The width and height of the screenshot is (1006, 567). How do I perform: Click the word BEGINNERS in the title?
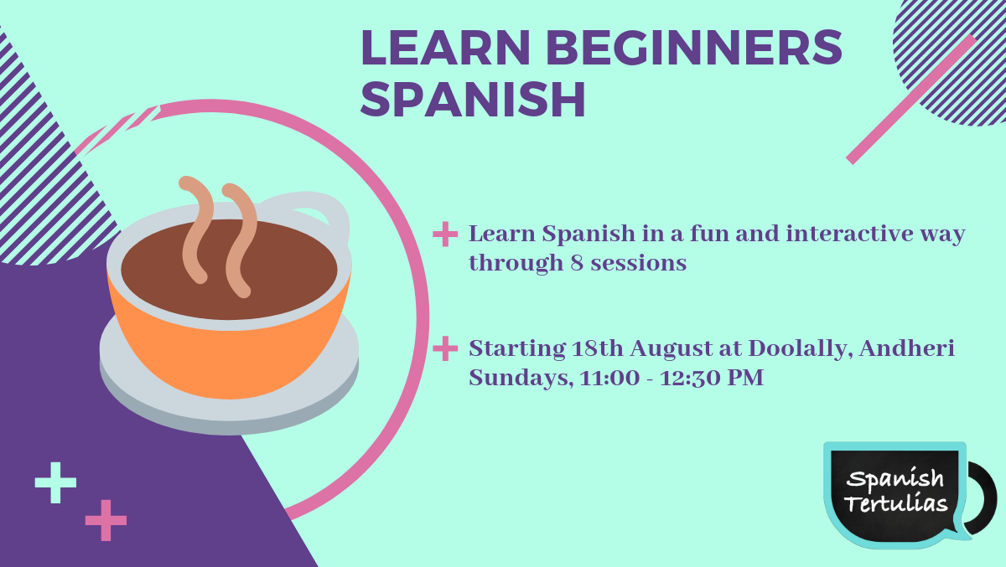tap(694, 47)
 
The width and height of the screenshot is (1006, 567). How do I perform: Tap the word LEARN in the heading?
tap(446, 47)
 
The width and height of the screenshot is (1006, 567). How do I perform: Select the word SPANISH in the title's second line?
tap(473, 99)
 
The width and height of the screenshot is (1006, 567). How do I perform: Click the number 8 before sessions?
tap(577, 263)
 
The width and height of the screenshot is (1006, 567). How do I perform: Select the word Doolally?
tap(801, 349)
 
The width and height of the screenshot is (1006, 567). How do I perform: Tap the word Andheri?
tap(907, 348)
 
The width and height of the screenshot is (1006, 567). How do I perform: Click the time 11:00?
tap(609, 378)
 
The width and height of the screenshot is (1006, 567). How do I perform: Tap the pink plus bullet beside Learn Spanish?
tap(445, 235)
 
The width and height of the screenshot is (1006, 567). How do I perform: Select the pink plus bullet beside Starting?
tap(445, 348)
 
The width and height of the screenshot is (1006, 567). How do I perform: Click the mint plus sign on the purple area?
tap(55, 482)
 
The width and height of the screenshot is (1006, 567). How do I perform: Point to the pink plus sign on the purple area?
tap(106, 520)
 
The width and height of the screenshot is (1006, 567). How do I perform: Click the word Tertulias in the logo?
tap(896, 503)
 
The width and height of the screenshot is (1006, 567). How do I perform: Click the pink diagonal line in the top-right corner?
tap(910, 100)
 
